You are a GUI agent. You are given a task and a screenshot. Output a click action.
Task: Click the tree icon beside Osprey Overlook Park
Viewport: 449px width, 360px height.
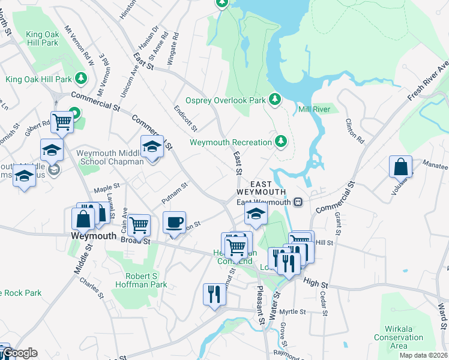[x=276, y=99]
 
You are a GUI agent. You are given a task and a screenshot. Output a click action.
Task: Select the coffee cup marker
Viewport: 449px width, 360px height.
[x=174, y=223]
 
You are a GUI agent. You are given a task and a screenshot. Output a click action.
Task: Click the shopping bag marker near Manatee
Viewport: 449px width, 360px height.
[x=400, y=166]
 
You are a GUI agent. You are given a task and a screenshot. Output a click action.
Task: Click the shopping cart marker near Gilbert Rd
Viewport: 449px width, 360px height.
[x=62, y=122]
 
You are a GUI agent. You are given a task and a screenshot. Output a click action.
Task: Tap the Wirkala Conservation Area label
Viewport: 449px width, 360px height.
[x=398, y=337]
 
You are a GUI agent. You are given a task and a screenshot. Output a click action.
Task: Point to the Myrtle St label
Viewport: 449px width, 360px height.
[x=293, y=312]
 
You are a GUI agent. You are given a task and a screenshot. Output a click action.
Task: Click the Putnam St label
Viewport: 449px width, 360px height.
[x=175, y=193]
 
